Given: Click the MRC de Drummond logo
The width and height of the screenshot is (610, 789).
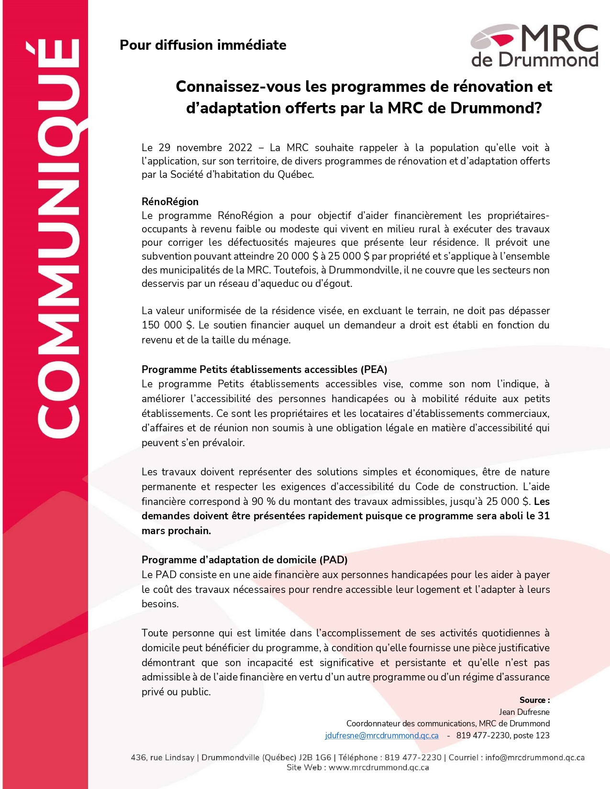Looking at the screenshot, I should coord(534,46).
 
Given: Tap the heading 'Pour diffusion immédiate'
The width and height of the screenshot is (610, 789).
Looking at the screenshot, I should coord(203,45).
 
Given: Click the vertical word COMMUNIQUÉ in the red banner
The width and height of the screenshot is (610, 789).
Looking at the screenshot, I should coord(57,239).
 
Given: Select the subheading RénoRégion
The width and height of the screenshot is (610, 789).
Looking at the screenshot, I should coord(170,201).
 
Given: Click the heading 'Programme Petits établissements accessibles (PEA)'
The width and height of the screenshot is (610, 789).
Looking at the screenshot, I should coord(264,369).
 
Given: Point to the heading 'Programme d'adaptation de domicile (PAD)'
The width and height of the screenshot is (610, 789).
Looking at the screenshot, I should coord(244,559).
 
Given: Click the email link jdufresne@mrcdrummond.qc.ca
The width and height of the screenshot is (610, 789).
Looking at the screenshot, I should coord(381,735).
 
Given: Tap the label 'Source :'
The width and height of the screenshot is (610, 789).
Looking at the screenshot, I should coord(534,700).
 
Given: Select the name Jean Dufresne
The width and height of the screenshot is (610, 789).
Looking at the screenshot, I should coord(524,712).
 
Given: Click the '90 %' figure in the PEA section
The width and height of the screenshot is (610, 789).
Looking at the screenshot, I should coord(265,501).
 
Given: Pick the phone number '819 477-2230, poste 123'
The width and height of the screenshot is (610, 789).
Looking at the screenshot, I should coord(502,735).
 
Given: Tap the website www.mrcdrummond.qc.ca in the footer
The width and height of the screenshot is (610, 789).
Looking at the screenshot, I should coord(378,767).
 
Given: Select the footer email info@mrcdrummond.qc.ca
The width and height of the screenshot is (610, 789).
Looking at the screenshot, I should coord(534,757).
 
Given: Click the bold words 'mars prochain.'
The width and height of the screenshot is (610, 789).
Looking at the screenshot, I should coord(176,531).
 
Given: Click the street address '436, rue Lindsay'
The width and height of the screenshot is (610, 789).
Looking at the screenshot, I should coord(162,757).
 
